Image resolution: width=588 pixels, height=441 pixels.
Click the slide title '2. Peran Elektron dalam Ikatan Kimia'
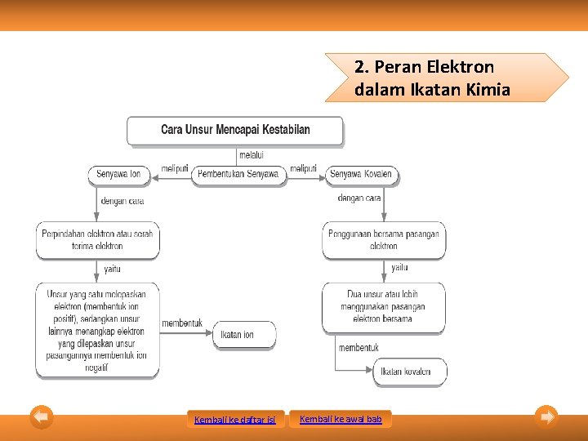pyautogui.click(x=433, y=78)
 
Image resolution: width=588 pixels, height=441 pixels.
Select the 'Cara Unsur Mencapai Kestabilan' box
pyautogui.click(x=235, y=130)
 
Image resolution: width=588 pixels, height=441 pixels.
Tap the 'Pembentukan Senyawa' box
pyautogui.click(x=239, y=174)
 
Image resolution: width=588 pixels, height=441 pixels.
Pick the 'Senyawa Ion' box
pyautogui.click(x=118, y=174)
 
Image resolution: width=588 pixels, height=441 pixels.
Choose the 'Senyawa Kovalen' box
pyautogui.click(x=360, y=174)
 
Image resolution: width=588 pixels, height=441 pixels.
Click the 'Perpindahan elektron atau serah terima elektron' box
pyautogui.click(x=97, y=240)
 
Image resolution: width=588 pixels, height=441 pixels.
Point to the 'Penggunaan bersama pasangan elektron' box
pyautogui.click(x=384, y=240)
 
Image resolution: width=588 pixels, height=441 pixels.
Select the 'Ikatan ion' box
pyautogui.click(x=245, y=335)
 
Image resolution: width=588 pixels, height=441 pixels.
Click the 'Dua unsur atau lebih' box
pyautogui.click(x=384, y=307)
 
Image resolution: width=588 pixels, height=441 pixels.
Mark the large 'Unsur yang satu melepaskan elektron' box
pyautogui.click(x=97, y=330)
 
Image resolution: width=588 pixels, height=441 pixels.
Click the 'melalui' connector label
pyautogui.click(x=251, y=155)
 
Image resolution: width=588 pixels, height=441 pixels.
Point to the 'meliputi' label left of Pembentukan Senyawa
pyautogui.click(x=175, y=169)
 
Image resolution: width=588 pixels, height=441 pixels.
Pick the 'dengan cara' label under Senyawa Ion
pyautogui.click(x=122, y=201)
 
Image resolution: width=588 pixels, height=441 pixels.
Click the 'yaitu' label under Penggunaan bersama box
pyautogui.click(x=399, y=268)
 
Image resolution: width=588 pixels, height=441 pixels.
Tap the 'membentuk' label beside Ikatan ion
pyautogui.click(x=182, y=324)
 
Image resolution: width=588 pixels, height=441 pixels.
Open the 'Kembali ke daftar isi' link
pyautogui.click(x=235, y=420)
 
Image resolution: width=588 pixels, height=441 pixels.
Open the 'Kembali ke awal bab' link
pyautogui.click(x=341, y=419)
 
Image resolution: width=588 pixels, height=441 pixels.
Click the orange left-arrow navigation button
pyautogui.click(x=42, y=416)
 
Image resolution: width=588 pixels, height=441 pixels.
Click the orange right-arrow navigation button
pyautogui.click(x=547, y=416)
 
